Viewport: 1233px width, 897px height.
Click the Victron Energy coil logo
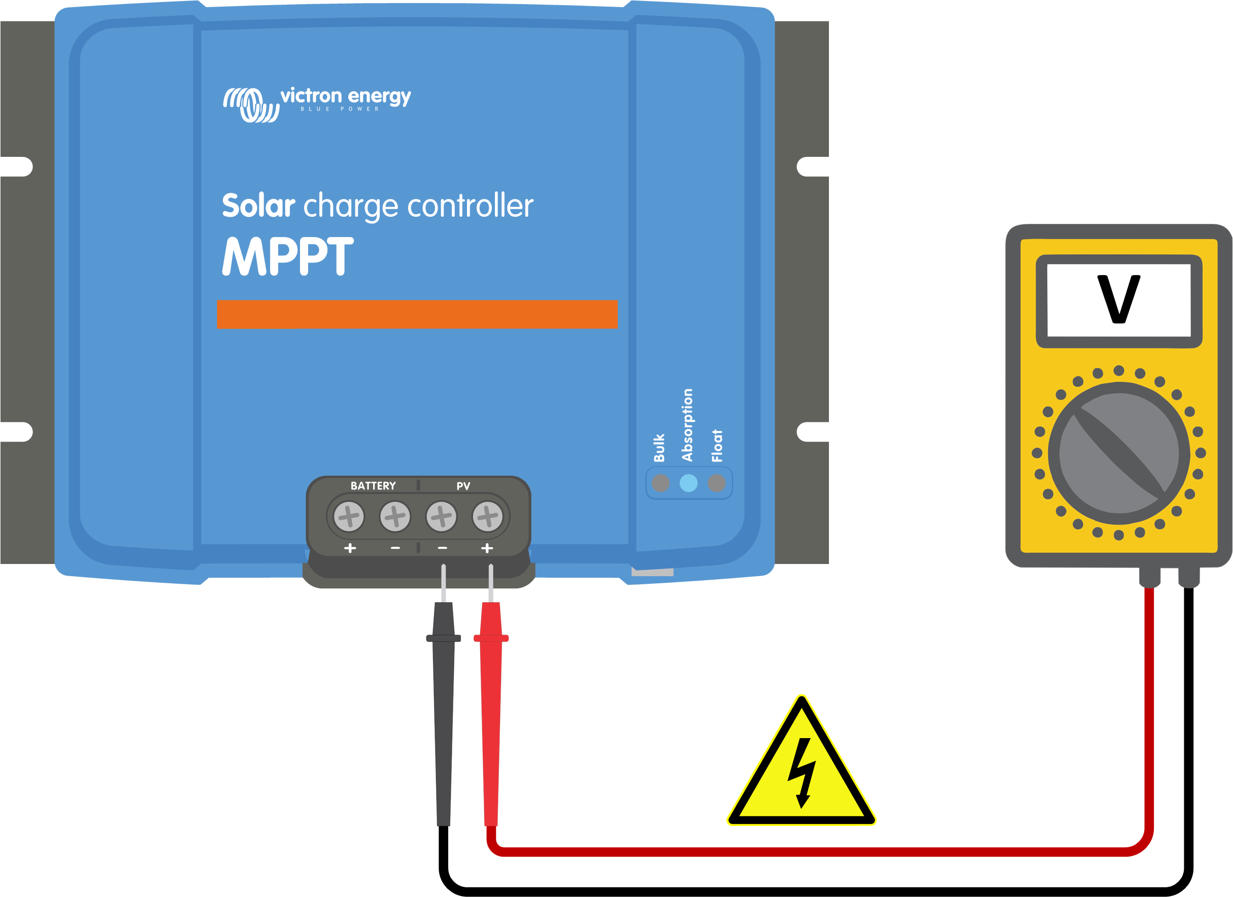pos(251,105)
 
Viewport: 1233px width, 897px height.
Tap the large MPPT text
pos(288,256)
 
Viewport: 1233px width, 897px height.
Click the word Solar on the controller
pos(258,206)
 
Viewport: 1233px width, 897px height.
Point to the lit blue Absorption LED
pos(688,483)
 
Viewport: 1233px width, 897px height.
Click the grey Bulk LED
pos(660,483)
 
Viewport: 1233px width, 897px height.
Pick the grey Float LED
pos(717,483)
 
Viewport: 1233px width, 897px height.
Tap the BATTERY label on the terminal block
pos(373,486)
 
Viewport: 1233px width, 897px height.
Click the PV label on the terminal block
pos(463,486)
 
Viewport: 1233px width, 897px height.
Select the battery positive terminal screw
pos(349,516)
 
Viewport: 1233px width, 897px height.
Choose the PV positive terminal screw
pos(488,516)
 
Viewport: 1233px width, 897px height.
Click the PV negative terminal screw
pos(442,516)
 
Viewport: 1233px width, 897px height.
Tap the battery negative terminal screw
pos(395,516)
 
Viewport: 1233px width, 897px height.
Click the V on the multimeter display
pos(1119,300)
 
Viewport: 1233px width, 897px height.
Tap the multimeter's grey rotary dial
pos(1119,453)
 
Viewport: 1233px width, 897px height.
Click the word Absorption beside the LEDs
pos(688,425)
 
